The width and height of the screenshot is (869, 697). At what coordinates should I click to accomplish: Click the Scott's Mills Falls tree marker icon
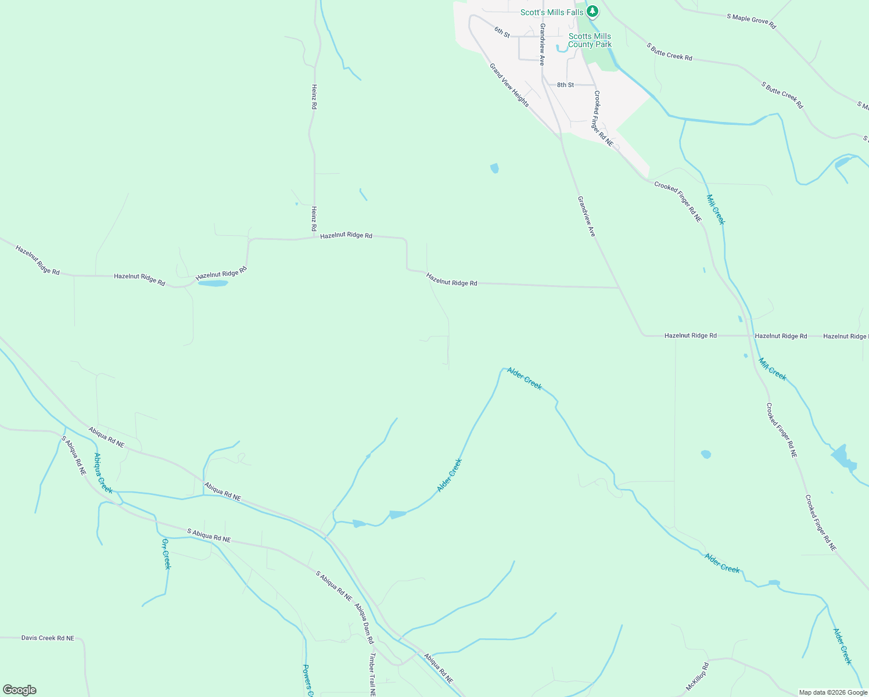(592, 11)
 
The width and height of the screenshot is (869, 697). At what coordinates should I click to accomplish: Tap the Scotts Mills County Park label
(590, 40)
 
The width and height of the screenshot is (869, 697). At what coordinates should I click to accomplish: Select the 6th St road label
(502, 32)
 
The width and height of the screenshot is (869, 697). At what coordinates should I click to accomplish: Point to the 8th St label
(565, 85)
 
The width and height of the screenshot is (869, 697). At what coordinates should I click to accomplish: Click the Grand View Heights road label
(509, 85)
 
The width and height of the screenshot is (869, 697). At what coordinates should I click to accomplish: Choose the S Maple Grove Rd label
(751, 21)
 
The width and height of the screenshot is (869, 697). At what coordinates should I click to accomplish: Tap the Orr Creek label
(166, 554)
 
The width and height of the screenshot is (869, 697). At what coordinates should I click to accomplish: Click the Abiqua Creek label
(103, 473)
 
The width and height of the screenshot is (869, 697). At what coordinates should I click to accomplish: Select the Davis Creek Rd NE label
(48, 638)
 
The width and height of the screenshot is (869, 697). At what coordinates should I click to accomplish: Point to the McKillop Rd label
(697, 676)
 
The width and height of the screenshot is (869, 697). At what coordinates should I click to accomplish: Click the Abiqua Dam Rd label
(364, 623)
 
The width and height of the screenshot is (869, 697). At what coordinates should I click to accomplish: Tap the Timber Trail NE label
(372, 674)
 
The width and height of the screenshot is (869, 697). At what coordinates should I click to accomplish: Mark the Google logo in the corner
(20, 689)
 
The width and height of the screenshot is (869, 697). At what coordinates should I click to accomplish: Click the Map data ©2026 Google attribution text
(832, 692)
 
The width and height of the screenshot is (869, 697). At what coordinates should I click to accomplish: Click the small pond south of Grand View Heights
(494, 168)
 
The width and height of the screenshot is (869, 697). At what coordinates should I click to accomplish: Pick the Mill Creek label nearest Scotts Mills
(716, 209)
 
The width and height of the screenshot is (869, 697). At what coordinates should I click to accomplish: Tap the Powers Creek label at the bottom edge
(308, 680)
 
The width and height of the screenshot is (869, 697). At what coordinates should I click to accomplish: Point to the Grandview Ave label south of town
(586, 216)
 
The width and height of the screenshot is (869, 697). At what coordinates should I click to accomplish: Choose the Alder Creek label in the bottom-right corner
(842, 646)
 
